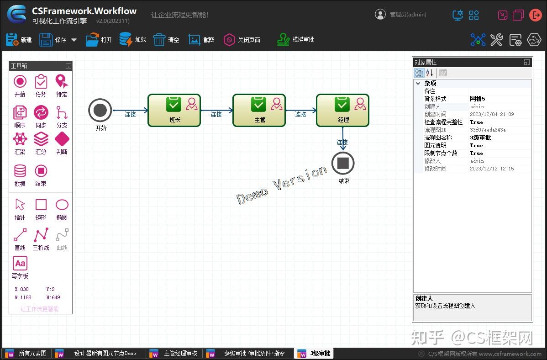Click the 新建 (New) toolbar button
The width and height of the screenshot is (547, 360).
[x=19, y=40]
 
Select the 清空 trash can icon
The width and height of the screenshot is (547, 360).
[x=159, y=40]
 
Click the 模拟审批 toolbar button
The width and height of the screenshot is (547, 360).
[x=296, y=40]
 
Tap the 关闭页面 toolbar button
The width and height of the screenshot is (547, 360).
[x=242, y=40]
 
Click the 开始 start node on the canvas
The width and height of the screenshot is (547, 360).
[x=100, y=110]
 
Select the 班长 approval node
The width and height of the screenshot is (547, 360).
[x=174, y=110]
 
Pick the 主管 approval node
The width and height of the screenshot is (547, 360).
[x=259, y=110]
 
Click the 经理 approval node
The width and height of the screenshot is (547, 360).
[x=342, y=110]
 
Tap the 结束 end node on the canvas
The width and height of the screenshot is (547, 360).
[x=343, y=163]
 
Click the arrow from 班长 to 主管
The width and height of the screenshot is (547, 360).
[x=216, y=111]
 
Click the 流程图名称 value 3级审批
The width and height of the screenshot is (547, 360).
[x=480, y=138]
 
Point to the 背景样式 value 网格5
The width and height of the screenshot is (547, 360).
[x=478, y=99]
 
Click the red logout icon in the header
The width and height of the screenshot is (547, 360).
[x=535, y=15]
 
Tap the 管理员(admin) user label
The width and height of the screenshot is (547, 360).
[x=407, y=15]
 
